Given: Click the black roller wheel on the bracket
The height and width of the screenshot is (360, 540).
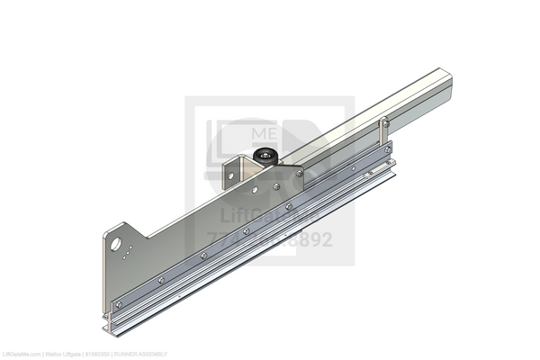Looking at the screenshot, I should [265, 156].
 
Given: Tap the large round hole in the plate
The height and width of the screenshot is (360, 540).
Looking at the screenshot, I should [116, 243].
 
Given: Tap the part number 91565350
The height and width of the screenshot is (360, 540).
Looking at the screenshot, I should [97, 355].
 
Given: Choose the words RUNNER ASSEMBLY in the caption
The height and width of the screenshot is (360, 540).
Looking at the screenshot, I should [139, 355].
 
